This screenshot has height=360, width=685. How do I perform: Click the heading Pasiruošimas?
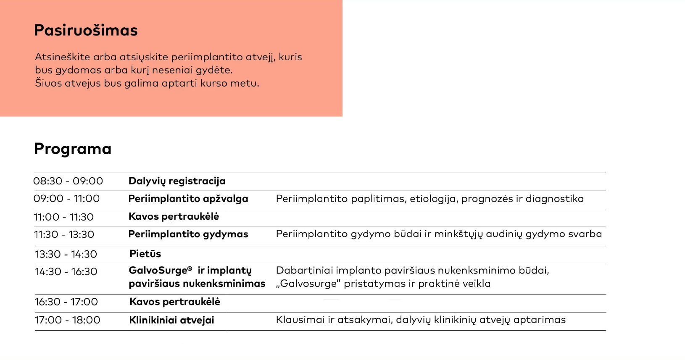tap(86, 31)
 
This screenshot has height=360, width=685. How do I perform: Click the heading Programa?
tap(73, 149)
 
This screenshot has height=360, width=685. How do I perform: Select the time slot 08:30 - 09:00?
tap(68, 181)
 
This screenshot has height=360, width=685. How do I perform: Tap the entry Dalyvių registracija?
tap(177, 181)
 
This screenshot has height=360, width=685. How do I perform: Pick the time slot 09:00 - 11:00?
tap(66, 199)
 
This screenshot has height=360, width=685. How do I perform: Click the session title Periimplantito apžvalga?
tap(188, 199)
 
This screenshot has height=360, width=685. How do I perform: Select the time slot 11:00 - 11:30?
tap(64, 217)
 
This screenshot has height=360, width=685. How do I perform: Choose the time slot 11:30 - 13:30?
tap(64, 234)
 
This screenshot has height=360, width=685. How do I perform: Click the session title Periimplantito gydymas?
tap(188, 234)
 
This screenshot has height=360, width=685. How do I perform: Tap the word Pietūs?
tap(145, 254)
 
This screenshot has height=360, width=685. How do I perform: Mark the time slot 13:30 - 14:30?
tap(66, 254)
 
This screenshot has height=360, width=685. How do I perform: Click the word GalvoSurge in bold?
tap(158, 271)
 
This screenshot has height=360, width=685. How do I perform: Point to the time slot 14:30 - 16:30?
tap(66, 272)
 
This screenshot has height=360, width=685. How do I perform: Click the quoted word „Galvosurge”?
tap(308, 284)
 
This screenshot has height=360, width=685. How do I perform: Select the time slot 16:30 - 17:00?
tap(66, 302)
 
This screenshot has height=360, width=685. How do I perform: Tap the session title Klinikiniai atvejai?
tap(171, 320)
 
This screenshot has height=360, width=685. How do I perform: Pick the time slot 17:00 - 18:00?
tap(67, 320)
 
